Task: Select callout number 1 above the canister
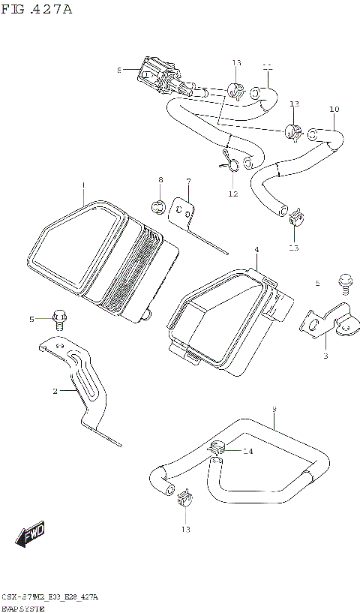(83, 185)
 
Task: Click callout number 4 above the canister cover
(256, 249)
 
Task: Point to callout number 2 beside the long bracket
(55, 391)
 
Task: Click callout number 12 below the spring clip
(232, 194)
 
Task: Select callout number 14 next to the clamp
(248, 451)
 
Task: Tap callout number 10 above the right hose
(334, 110)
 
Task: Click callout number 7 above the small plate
(188, 181)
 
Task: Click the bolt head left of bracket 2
(59, 318)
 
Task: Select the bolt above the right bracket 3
(345, 282)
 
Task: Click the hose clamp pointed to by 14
(218, 449)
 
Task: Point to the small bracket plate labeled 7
(182, 212)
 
